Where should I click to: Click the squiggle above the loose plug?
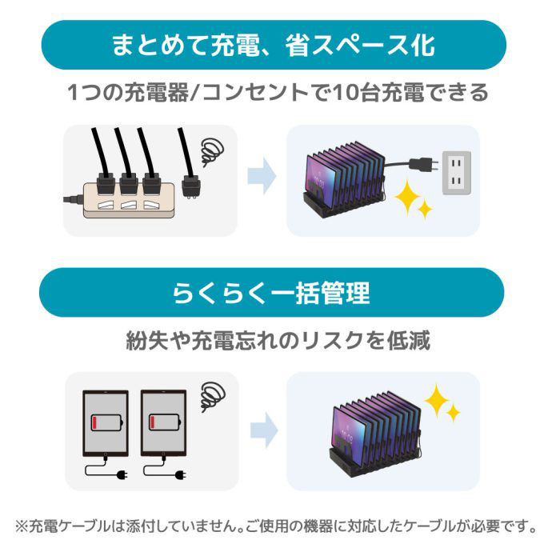click(x=212, y=149)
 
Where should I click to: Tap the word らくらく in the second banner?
click(x=219, y=293)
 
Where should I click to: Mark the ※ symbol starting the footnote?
click(x=22, y=526)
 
